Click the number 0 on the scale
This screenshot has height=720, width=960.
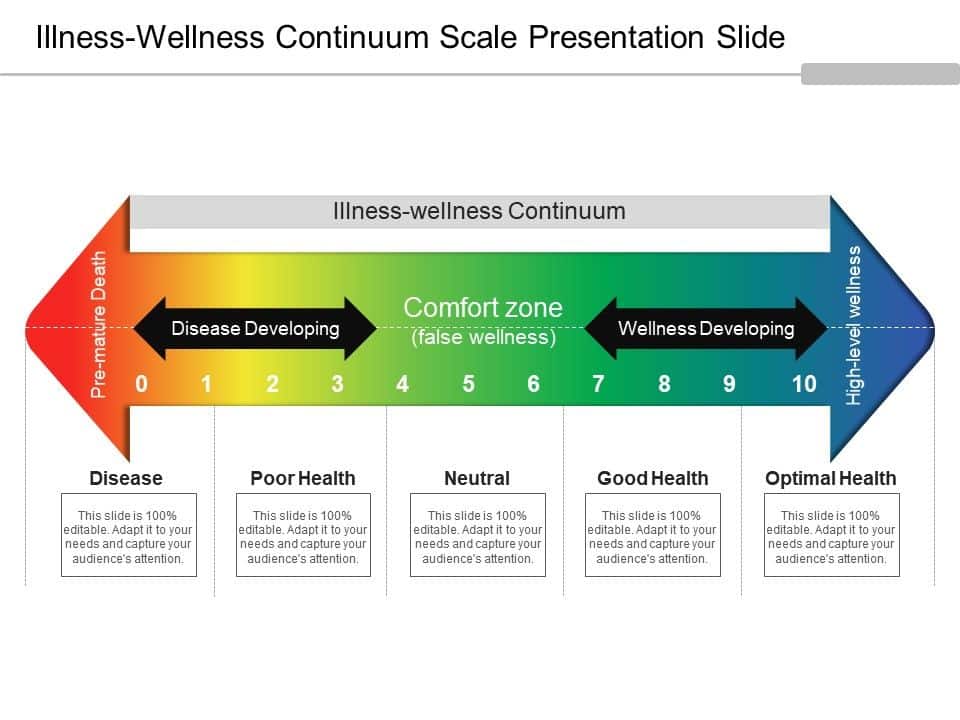coord(141,384)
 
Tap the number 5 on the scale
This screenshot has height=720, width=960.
coord(468,384)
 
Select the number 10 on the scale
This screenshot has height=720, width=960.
coord(804,384)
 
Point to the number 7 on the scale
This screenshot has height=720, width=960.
coord(598,384)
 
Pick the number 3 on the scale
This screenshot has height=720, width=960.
coord(337,384)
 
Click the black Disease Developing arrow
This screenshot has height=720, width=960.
coord(255,329)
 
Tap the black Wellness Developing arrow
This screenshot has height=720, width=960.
coord(706,329)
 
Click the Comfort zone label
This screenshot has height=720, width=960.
coord(483,307)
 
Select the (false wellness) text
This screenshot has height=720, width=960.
coord(484,337)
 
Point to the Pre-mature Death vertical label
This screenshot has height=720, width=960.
coord(99,324)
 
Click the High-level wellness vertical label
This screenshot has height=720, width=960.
coord(853,325)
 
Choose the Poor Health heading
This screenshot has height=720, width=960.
coord(302,478)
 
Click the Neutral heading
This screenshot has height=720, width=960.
coord(477,478)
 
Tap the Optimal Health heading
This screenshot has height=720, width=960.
coord(831,478)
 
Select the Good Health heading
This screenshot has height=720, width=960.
coord(653,478)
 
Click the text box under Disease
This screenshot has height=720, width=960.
coord(129,535)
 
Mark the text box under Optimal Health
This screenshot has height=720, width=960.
coord(831,535)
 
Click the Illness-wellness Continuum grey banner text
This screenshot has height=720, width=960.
coord(479,211)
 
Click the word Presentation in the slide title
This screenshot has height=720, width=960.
coord(616,37)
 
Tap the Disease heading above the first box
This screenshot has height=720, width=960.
coord(126,478)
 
